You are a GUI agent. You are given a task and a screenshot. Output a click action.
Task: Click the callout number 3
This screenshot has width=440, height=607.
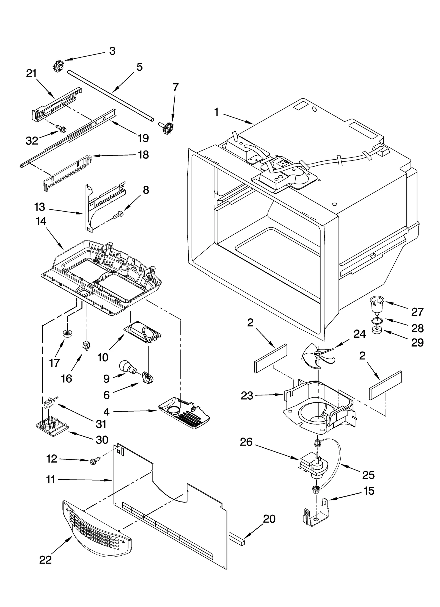[x=112, y=51]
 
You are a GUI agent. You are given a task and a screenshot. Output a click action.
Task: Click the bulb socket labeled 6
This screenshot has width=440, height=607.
[x=148, y=378]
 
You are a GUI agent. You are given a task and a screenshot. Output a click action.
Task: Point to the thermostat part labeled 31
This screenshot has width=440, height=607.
[x=50, y=403]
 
